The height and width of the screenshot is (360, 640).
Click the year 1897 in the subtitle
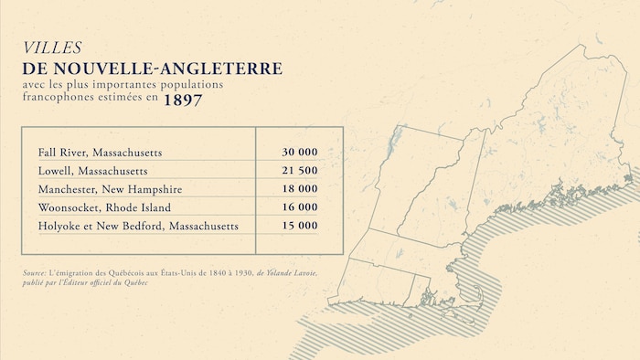coord(183,101)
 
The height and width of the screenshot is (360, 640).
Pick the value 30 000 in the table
coord(300,152)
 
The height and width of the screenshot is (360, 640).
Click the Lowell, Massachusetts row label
coord(92,170)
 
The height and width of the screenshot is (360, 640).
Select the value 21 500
coord(300,170)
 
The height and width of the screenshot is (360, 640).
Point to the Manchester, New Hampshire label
coord(110,188)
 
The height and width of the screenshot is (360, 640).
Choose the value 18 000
coord(300,188)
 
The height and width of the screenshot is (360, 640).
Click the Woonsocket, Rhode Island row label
coord(106,206)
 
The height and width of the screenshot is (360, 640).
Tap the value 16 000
coord(300,206)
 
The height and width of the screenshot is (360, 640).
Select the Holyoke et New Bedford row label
coord(138,225)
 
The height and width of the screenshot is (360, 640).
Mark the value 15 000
coord(300,225)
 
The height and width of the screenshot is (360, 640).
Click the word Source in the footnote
coord(36,273)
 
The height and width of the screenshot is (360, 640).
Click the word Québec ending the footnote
coord(133,282)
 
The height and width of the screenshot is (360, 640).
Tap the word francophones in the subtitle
coord(60,101)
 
